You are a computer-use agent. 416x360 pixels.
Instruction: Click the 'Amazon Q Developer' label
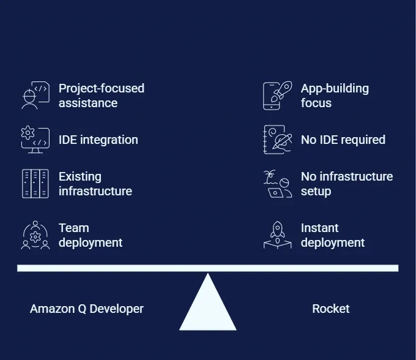tap(87, 309)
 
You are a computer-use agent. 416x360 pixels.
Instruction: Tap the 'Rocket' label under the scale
tap(331, 309)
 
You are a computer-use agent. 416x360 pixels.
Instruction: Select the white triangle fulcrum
tap(208, 302)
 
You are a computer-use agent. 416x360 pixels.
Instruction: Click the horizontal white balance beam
tap(208, 268)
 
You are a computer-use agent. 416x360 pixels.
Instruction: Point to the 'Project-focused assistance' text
tap(102, 96)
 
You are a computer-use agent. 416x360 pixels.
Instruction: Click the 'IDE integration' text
tap(98, 140)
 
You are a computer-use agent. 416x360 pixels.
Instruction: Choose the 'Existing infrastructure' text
tap(95, 184)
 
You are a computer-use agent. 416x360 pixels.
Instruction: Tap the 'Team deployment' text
tap(91, 235)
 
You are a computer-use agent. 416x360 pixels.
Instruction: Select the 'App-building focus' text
tap(335, 96)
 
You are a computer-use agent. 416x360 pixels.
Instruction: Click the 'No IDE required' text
tap(343, 140)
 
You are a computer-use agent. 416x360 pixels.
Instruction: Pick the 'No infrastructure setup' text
tap(347, 184)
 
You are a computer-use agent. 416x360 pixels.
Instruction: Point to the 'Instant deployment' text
tap(333, 235)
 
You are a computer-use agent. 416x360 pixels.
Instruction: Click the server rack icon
tap(35, 184)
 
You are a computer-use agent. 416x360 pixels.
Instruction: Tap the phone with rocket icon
tap(278, 96)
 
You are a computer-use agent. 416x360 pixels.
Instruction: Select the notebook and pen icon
tap(278, 140)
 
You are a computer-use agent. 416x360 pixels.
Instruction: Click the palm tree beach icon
tap(278, 184)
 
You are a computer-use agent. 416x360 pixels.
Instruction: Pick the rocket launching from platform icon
tap(278, 235)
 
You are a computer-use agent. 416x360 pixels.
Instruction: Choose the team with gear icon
tap(35, 235)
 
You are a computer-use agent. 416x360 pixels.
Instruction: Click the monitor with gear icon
tap(35, 140)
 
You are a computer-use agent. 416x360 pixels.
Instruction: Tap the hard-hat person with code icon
tap(35, 96)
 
